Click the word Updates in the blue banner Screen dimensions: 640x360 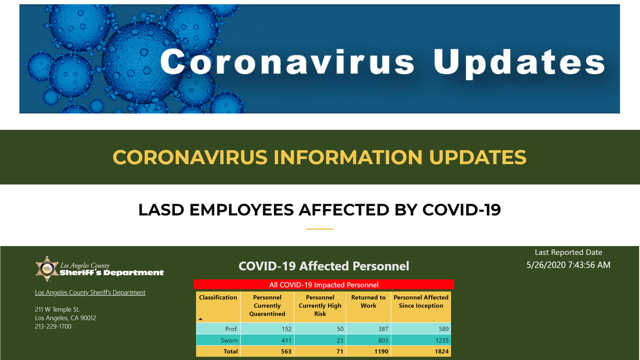coord(519,63)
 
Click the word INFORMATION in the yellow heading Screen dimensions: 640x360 coord(348,157)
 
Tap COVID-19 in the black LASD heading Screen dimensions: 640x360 coord(461,210)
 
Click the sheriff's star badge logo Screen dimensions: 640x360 coord(47,269)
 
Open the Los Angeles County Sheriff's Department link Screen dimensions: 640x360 coord(90,293)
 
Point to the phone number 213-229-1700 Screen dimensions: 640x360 coord(53,326)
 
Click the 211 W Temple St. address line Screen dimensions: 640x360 coord(57,309)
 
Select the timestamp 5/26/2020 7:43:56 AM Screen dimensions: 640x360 coord(569,265)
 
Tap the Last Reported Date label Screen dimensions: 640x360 coord(569,252)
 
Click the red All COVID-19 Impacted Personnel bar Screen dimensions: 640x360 coord(324,285)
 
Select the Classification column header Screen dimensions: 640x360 coord(218,298)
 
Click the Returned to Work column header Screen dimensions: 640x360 coord(369,301)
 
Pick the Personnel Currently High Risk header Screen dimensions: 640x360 coord(320,306)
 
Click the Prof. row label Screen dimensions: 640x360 coord(231,329)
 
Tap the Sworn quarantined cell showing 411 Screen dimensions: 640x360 coord(286,340)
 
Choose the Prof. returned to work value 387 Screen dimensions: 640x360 coord(383,329)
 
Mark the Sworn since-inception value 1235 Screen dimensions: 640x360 coord(442,340)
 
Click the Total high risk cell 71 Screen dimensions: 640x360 coord(340,351)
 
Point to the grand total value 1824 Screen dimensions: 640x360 coord(442,351)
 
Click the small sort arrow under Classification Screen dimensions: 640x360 coord(201,319)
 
